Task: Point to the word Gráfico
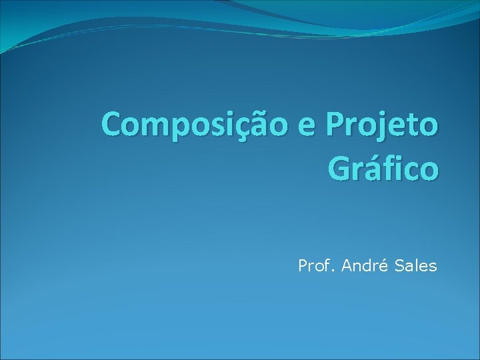pos(383,169)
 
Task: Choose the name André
pos(364,267)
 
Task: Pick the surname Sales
pos(415,267)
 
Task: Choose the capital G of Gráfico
pos(339,169)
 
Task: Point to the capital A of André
pos(347,267)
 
